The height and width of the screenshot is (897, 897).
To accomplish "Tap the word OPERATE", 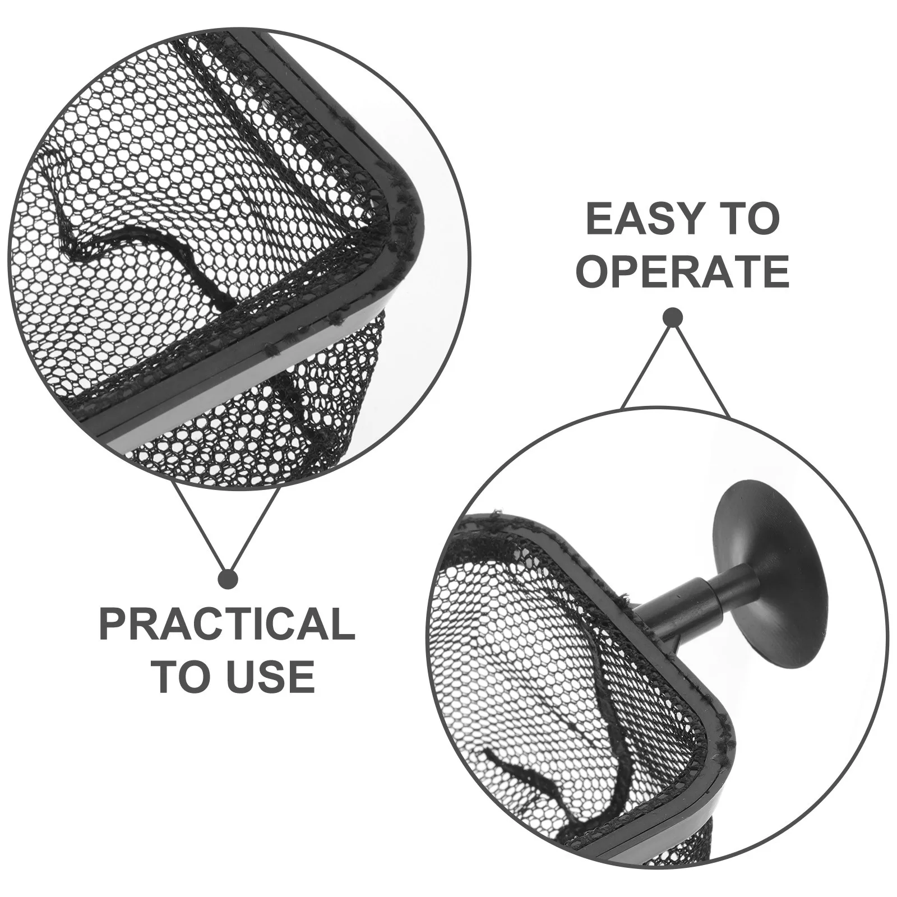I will click(x=682, y=271).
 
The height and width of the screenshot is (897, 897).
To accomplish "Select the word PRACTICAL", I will click(x=227, y=625).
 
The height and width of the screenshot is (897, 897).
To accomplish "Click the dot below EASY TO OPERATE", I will click(x=672, y=318).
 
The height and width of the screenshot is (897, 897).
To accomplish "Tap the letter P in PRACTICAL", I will click(x=112, y=625).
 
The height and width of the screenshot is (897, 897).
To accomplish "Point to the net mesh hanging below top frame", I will click(x=314, y=404).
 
